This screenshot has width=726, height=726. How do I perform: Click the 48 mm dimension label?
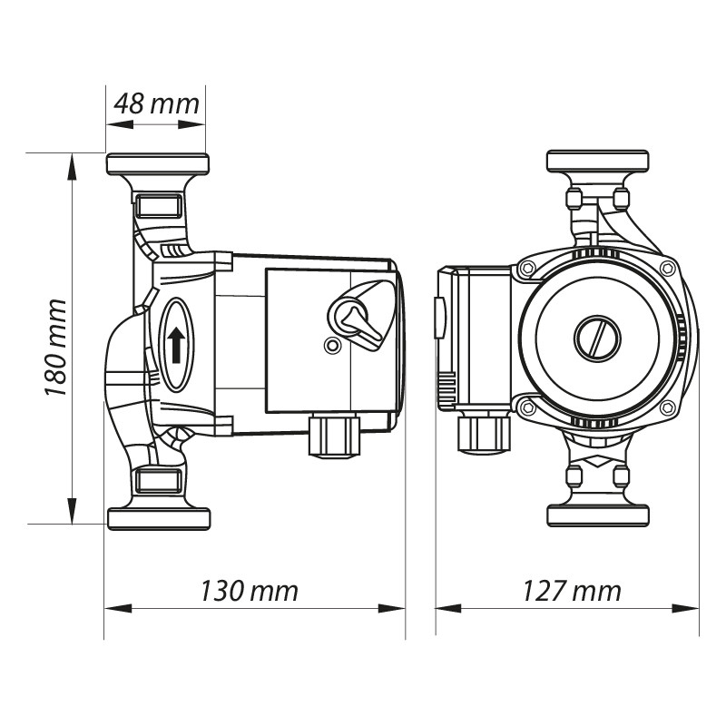point(156,104)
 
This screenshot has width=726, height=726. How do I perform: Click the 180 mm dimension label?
point(56,348)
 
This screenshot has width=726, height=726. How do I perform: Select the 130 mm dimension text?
point(249,592)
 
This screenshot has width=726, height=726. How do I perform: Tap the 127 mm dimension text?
point(572,592)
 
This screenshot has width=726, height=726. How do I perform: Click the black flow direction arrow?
point(176,345)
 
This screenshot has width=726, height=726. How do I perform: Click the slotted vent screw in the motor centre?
point(597,338)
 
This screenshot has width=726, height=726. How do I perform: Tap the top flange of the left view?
point(157,164)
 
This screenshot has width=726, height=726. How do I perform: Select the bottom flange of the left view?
point(159,518)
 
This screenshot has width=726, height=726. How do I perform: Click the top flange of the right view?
point(597,162)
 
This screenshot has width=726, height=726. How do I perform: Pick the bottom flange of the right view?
point(598,515)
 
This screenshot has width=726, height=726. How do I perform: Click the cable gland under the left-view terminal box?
point(333,435)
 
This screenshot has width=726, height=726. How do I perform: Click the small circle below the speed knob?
point(331,346)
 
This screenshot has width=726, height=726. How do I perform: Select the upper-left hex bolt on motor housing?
point(527,269)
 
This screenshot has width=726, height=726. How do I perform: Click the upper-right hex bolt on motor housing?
point(668,269)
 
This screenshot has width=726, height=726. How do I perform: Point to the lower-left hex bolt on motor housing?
point(527,407)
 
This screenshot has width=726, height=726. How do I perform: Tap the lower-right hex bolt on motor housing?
point(668,407)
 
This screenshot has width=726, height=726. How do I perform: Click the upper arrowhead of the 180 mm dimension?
point(72,167)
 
